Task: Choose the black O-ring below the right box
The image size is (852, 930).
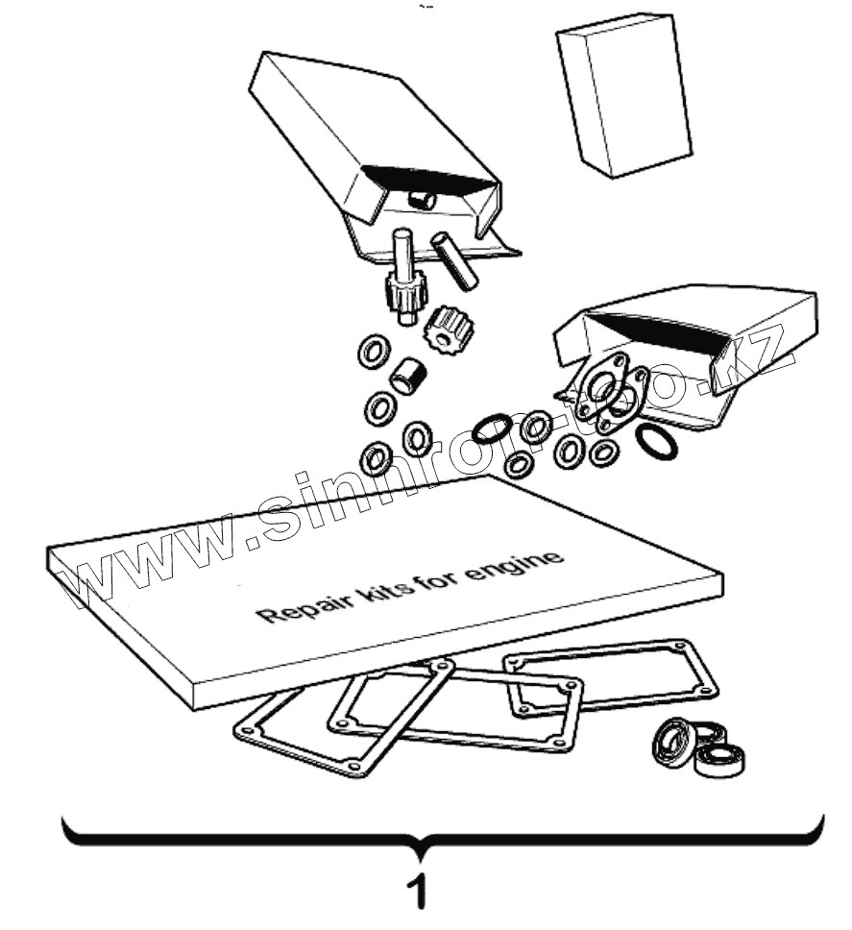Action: click(x=657, y=441)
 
